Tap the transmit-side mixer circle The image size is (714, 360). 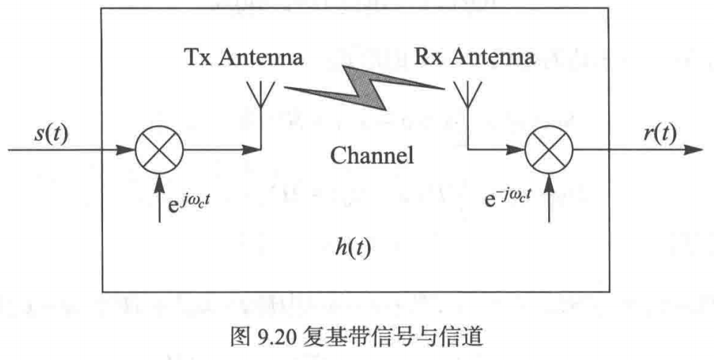pyautogui.click(x=159, y=151)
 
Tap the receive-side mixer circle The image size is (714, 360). pyautogui.click(x=549, y=151)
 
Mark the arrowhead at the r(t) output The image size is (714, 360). pyautogui.click(x=693, y=151)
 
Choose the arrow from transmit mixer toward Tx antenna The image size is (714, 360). pyautogui.click(x=220, y=151)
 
